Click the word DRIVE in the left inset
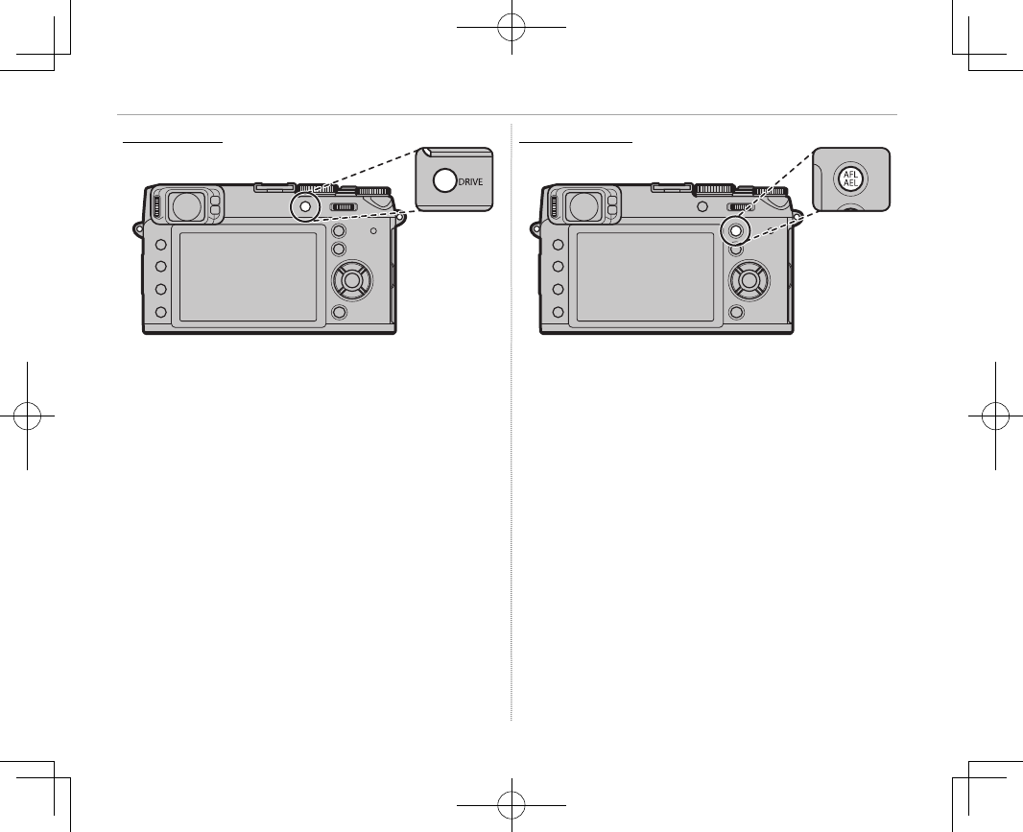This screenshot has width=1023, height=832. click(x=470, y=182)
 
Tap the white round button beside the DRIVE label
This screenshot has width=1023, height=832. click(x=445, y=180)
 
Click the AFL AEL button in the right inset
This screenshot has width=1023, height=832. click(x=851, y=178)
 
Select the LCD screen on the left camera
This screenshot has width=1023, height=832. click(x=248, y=276)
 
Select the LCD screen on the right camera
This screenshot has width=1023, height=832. click(x=645, y=276)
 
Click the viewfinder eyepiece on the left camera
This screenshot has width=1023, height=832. click(x=187, y=205)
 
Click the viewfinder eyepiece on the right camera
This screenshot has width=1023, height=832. click(x=584, y=205)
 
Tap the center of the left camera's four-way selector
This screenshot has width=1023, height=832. click(x=352, y=280)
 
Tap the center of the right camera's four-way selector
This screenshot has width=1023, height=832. click(x=749, y=280)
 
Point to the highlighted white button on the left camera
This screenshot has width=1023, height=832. click(x=304, y=206)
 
